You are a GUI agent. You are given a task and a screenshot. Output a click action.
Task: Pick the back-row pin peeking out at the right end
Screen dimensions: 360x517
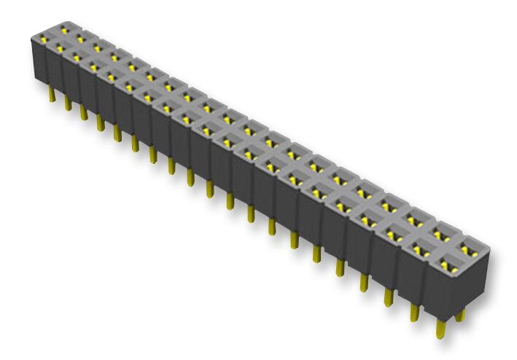tap(460, 316)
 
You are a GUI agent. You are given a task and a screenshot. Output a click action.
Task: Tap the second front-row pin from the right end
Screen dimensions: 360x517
tap(414, 311)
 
